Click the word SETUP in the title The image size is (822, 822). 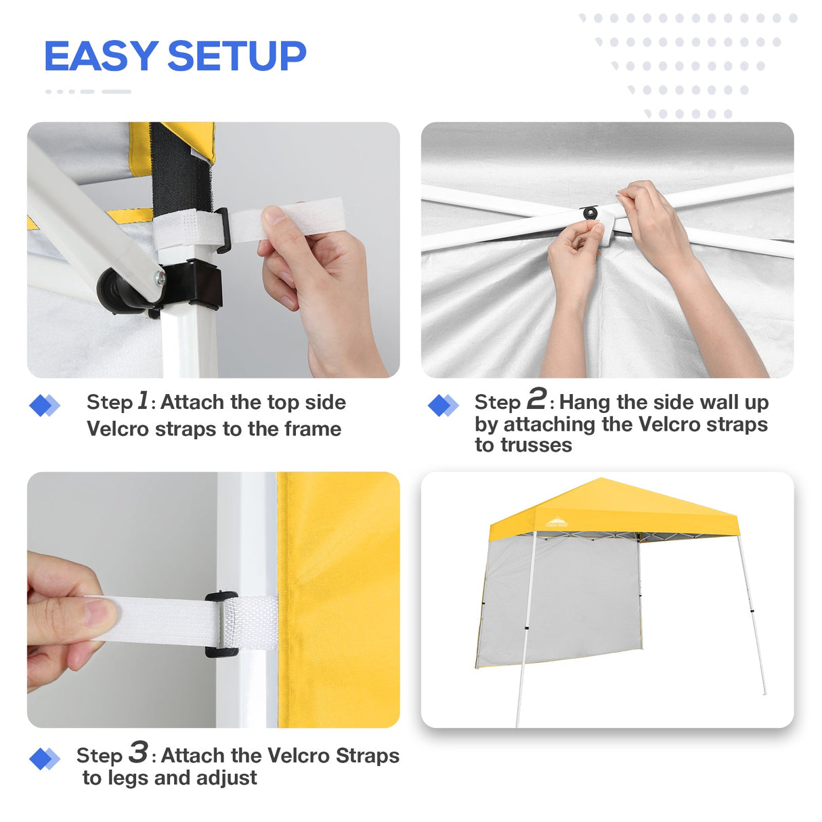coord(236,56)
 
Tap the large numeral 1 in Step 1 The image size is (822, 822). coord(143,400)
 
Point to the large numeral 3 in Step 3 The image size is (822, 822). coord(138,752)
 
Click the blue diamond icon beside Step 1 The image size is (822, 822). coord(44,406)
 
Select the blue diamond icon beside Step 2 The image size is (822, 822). coord(443,406)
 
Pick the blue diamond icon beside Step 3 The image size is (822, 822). coord(44,759)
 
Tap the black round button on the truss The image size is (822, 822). coord(590,213)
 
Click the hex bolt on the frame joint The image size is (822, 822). coord(160,276)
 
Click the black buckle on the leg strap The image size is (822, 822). coord(221,624)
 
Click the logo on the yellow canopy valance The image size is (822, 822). coord(557,522)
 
